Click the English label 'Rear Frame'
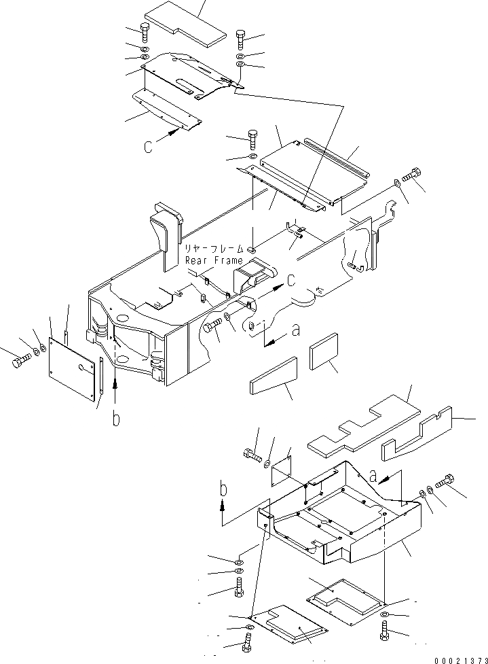(214, 260)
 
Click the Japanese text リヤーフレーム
(213, 250)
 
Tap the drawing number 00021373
(459, 659)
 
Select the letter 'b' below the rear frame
(116, 419)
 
